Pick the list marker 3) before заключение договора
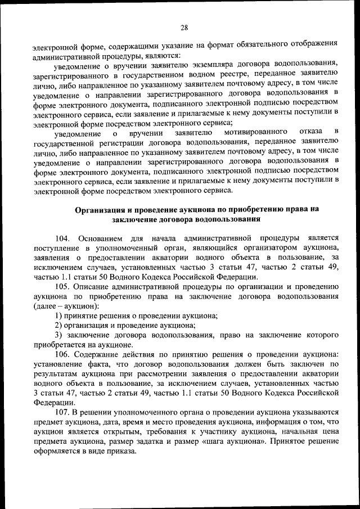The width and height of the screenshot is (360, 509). (x=58, y=335)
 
